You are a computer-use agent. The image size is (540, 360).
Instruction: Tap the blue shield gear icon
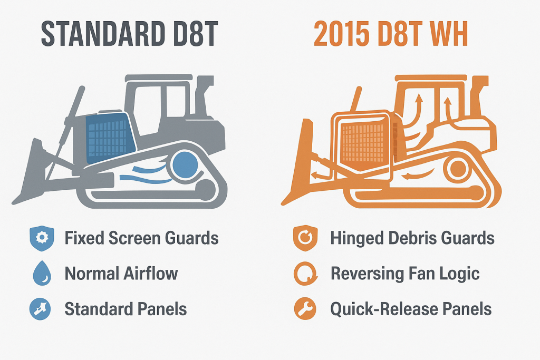click(41, 238)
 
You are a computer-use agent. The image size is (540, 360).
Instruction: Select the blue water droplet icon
click(41, 274)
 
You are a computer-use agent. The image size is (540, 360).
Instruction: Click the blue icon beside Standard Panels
click(41, 309)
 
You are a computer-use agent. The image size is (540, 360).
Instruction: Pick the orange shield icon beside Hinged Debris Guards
click(304, 238)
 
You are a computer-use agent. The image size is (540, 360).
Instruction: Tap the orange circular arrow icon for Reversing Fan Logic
click(304, 274)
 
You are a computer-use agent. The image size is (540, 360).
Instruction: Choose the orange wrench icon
click(304, 309)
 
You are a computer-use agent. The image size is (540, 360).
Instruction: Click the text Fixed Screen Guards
click(141, 238)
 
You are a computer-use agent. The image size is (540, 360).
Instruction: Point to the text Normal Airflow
click(121, 274)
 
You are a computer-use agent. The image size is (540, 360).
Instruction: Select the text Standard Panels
click(126, 309)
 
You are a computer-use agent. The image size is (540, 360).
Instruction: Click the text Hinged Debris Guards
click(412, 238)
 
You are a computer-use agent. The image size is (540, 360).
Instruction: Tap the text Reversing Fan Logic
click(405, 274)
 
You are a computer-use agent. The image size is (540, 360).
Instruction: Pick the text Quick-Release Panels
click(411, 309)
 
